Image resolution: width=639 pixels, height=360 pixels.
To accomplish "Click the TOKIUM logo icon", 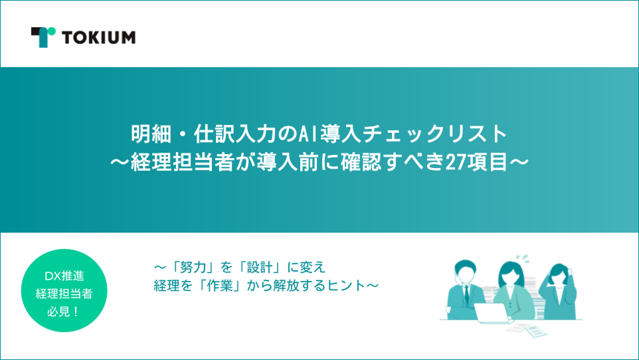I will [x=43, y=37].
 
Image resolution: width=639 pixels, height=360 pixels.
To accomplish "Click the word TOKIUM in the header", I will [x=99, y=37].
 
